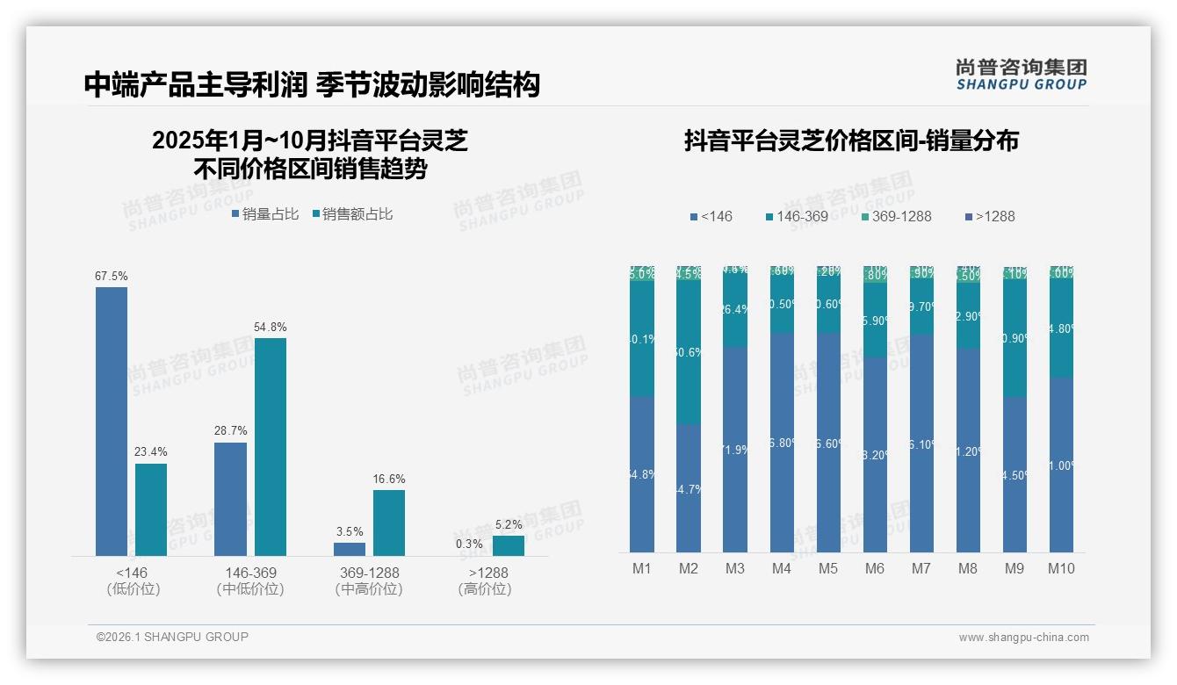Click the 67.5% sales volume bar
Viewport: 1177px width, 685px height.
[x=112, y=422]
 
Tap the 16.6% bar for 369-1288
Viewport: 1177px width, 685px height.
[x=389, y=523]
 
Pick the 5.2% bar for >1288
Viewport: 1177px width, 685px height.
[x=508, y=545]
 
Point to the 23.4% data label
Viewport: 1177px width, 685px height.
[x=151, y=451]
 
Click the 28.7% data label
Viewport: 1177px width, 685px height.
[x=230, y=430]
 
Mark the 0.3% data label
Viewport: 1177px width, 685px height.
[x=469, y=544]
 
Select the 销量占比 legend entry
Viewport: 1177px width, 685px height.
[x=266, y=213]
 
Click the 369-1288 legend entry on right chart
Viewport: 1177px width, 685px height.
[x=895, y=216]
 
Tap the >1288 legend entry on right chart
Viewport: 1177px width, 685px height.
[x=990, y=216]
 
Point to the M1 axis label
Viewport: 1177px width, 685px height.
[x=642, y=568]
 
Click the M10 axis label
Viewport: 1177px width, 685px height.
[x=1061, y=568]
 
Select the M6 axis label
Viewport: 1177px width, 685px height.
[x=875, y=568]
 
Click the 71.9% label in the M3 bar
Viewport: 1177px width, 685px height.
[x=735, y=450]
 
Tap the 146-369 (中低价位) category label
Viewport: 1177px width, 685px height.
[x=250, y=580]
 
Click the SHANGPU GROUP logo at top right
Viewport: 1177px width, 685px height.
[x=1021, y=75]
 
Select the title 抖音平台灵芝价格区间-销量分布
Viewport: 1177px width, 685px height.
[x=851, y=141]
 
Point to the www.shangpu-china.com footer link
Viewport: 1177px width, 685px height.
[x=1023, y=637]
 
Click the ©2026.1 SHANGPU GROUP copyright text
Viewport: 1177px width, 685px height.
[x=172, y=637]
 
